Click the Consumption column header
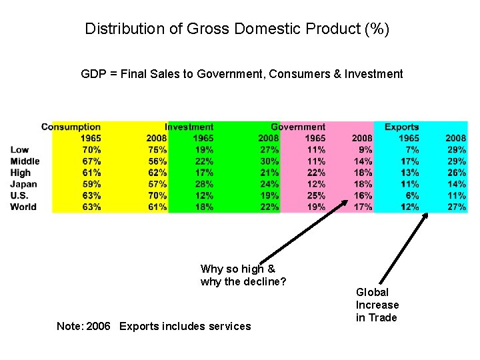(x=71, y=127)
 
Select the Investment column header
(x=189, y=127)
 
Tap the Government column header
(x=298, y=127)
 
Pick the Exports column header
(x=402, y=127)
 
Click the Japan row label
(x=23, y=184)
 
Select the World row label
(x=23, y=207)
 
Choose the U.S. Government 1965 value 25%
(x=316, y=195)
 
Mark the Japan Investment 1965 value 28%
(x=204, y=184)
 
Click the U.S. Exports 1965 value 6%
(x=411, y=195)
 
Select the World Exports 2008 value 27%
(x=456, y=207)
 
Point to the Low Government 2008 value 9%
(x=366, y=150)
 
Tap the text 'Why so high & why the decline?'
(x=243, y=275)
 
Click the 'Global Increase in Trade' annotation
(x=377, y=305)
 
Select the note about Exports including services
(x=153, y=326)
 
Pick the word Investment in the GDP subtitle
(x=373, y=74)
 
